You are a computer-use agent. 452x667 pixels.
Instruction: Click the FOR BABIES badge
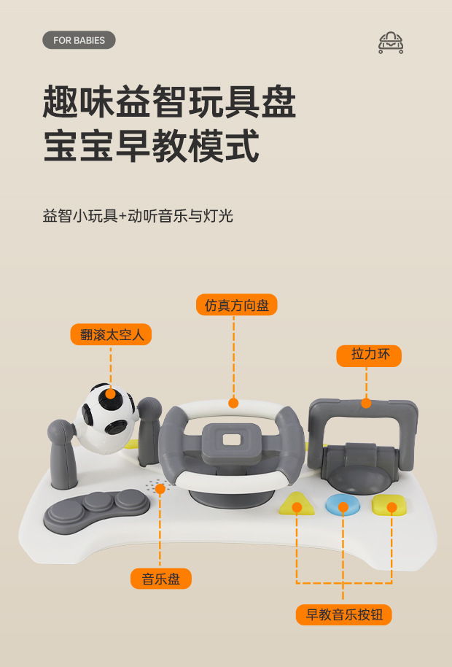(79, 40)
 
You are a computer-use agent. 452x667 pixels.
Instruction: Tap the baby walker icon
(391, 43)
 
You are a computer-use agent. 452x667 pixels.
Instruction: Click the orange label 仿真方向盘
(237, 304)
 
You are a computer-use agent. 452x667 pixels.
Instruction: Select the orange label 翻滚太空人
(111, 334)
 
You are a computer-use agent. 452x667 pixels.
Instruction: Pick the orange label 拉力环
(369, 355)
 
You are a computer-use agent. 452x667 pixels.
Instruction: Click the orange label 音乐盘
(161, 579)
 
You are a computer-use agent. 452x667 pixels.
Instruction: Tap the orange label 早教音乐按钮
(343, 614)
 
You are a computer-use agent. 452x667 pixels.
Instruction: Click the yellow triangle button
(297, 504)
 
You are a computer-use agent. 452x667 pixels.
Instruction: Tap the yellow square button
(389, 505)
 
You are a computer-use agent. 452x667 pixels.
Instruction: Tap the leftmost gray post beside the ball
(63, 454)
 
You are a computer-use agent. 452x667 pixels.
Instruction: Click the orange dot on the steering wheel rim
(233, 403)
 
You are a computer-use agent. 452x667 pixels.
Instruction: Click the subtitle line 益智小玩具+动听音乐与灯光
(138, 216)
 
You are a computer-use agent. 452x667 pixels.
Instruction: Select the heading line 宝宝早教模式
(151, 146)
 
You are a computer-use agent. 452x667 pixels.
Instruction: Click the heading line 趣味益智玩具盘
(169, 101)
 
